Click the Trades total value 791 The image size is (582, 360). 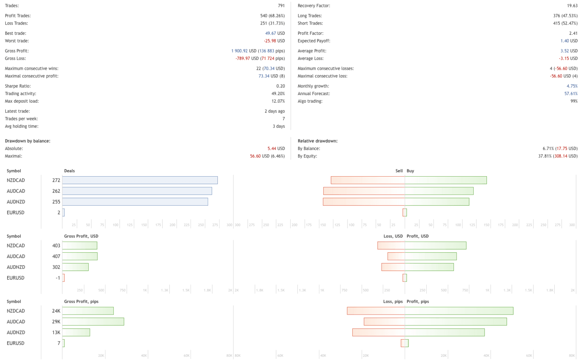click(281, 6)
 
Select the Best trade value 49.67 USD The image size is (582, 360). click(275, 33)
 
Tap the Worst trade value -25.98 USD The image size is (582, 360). click(274, 41)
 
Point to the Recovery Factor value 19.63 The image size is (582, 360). click(572, 6)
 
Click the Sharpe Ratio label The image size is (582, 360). click(18, 86)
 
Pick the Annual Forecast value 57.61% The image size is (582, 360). click(571, 94)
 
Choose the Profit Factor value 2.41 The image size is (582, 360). click(573, 33)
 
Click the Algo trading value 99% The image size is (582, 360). click(574, 101)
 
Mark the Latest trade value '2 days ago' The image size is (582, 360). click(274, 111)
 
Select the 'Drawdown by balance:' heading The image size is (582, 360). click(28, 141)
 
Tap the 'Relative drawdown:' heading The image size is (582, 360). click(318, 141)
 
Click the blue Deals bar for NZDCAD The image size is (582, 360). click(140, 180)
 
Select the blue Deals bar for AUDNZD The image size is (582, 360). click(135, 202)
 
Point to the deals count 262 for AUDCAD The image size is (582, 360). click(56, 191)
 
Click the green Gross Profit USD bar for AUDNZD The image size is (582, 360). click(75, 267)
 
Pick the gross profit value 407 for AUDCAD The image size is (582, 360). click(56, 257)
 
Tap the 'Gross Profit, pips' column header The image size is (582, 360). click(81, 302)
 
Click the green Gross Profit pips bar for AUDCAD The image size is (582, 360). click(93, 322)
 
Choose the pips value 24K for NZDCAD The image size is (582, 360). click(56, 311)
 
